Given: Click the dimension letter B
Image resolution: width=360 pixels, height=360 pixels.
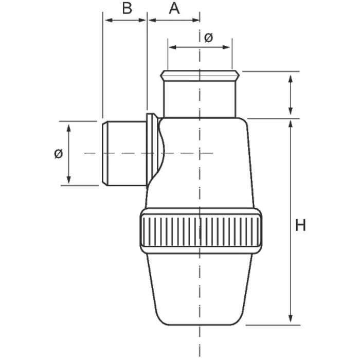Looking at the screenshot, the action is (127, 9).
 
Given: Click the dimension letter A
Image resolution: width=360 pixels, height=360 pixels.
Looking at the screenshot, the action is (174, 9).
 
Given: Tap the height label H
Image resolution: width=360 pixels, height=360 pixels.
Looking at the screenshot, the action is (300, 225).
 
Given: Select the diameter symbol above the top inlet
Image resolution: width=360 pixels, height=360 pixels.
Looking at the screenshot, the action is (208, 38).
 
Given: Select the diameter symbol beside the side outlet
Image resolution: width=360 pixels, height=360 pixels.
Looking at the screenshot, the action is (58, 153).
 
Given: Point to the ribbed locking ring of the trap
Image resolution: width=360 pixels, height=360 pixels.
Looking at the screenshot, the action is (201, 230).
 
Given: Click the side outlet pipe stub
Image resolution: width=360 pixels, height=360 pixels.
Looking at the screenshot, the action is (124, 153).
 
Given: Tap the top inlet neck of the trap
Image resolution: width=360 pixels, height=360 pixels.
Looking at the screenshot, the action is (200, 99).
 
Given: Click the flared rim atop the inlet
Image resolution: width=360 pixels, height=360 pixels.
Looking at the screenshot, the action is (200, 76).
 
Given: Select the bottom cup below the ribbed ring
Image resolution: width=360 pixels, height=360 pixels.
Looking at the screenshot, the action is (200, 289).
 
